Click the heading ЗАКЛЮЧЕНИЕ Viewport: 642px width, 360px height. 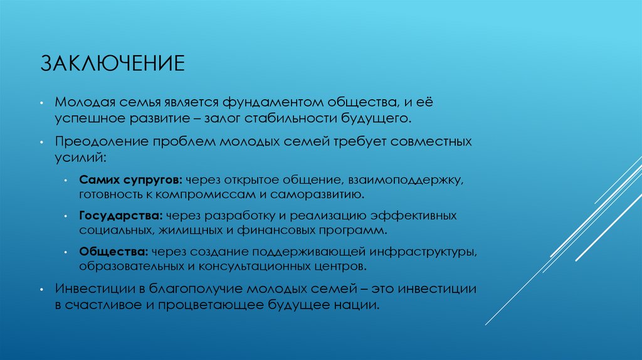pyautogui.click(x=113, y=64)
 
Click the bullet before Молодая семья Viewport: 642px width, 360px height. pyautogui.click(x=40, y=102)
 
